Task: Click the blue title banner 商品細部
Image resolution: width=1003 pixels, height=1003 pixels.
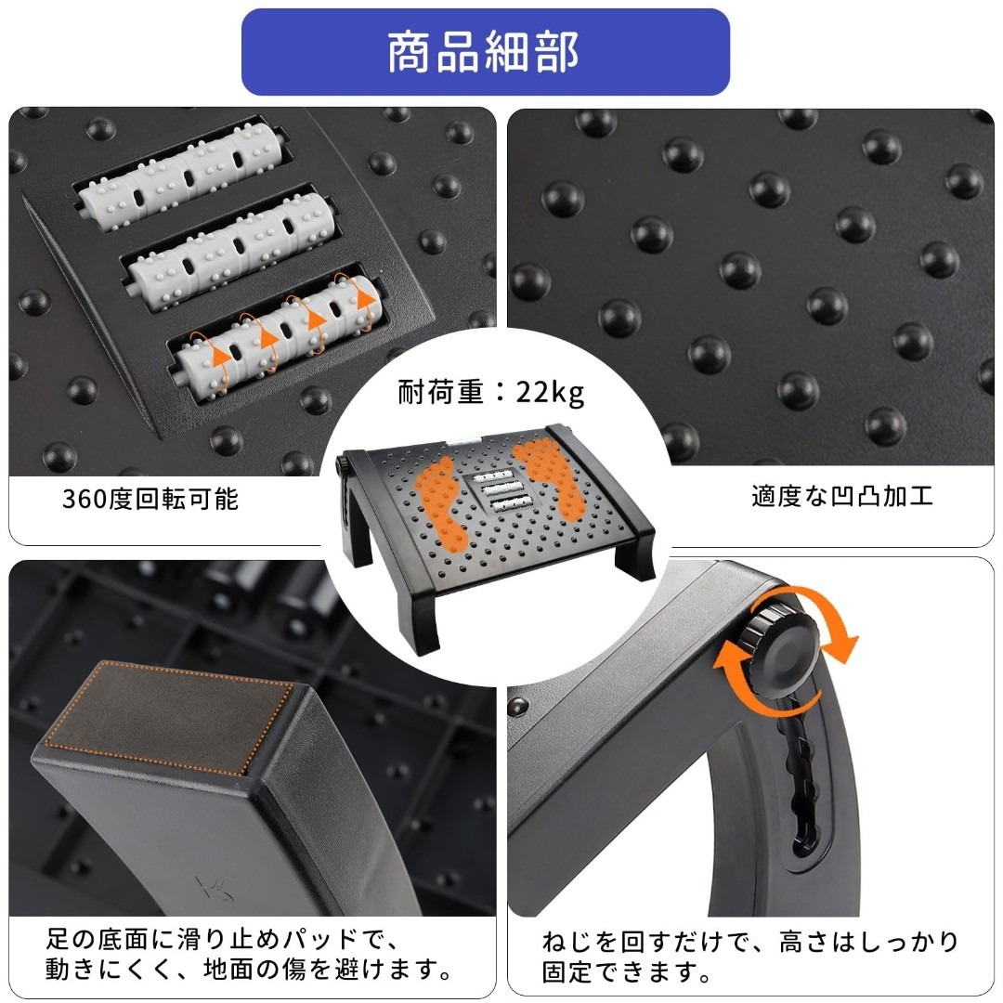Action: (486, 52)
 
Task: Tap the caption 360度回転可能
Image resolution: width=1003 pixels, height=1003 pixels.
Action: (150, 499)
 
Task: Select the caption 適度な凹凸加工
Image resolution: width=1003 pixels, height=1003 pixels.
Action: (841, 496)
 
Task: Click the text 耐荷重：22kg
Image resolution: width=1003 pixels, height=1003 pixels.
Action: (490, 392)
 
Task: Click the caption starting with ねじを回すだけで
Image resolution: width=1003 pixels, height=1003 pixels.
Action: (749, 957)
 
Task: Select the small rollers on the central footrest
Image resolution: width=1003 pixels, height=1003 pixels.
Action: (502, 490)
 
